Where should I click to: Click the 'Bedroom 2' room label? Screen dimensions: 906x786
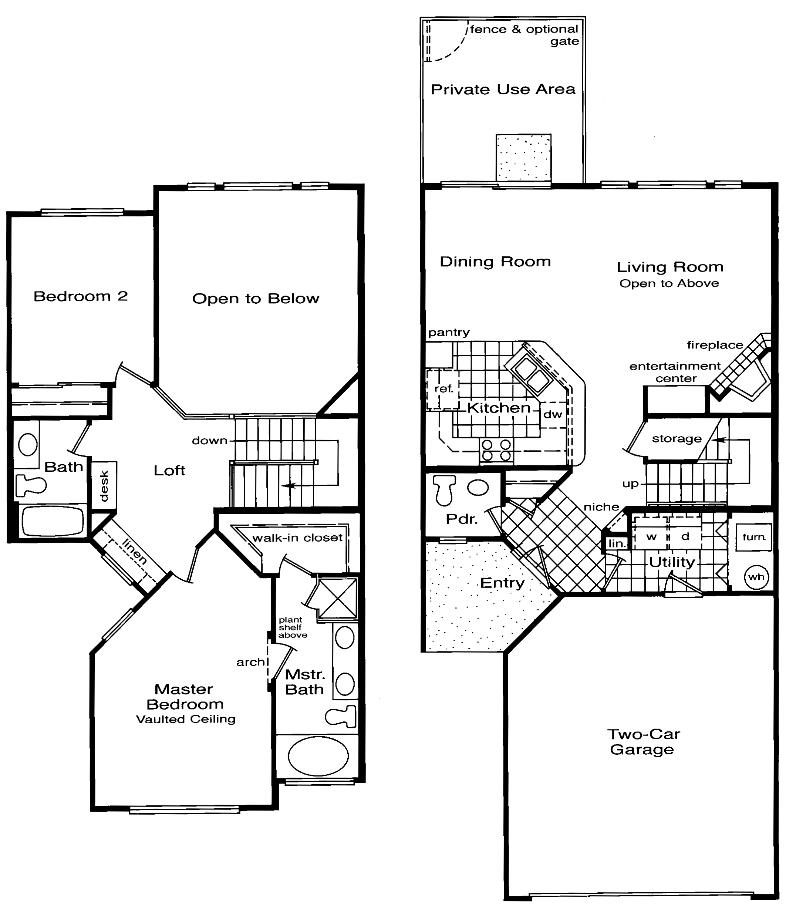tap(81, 297)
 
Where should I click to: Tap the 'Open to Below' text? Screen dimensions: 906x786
tap(256, 299)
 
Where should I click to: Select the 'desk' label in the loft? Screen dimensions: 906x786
tap(104, 486)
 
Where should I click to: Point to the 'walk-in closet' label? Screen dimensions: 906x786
tap(297, 538)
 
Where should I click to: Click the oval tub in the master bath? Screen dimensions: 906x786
tap(318, 756)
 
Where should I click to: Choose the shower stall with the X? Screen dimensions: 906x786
tap(337, 599)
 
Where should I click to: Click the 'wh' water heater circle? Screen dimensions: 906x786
tap(756, 577)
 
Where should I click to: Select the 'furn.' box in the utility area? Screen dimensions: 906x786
tap(754, 537)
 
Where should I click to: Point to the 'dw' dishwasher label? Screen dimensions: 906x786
tap(553, 415)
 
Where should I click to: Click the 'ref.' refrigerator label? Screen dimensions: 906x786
tap(443, 389)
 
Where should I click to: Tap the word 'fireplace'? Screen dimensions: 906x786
tap(715, 345)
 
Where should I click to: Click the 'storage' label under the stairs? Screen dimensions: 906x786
tap(677, 439)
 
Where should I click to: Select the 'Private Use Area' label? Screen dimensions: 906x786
tap(503, 90)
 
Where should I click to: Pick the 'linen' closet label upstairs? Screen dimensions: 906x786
tap(134, 552)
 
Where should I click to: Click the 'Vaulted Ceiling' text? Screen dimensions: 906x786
tap(186, 719)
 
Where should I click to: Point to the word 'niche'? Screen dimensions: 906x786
tap(601, 507)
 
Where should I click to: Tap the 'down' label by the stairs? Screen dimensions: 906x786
tap(210, 441)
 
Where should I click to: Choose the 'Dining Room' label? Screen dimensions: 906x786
tap(495, 262)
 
